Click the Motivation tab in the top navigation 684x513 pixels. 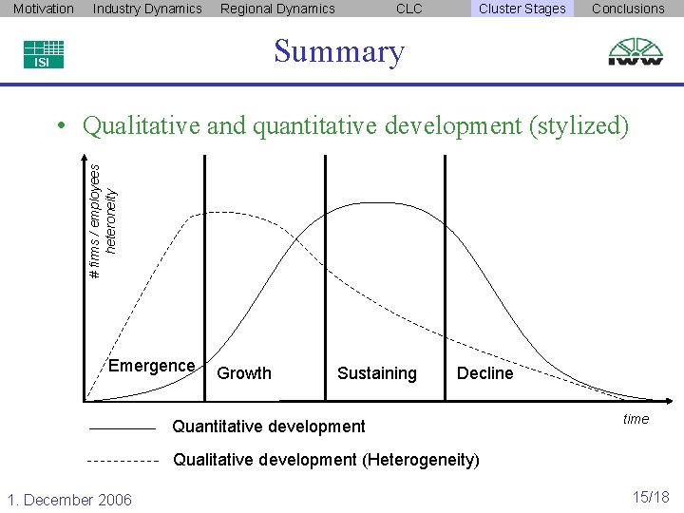tap(44, 9)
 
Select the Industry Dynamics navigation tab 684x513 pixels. tap(147, 9)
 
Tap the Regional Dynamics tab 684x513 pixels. tap(277, 9)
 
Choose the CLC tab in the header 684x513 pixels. tap(408, 9)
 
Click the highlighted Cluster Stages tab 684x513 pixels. tap(522, 9)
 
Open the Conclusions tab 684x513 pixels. tap(628, 9)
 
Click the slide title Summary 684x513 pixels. tap(339, 51)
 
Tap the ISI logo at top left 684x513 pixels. tap(43, 54)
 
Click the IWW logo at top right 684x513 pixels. tap(636, 51)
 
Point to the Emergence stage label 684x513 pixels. tap(152, 366)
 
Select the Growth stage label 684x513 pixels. tap(244, 373)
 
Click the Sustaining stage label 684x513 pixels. tap(376, 373)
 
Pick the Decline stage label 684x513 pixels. tap(484, 373)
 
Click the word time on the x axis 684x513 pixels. tap(636, 419)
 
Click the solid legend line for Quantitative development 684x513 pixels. tap(122, 429)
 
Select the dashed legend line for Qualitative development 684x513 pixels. tap(122, 461)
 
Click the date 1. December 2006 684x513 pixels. tap(69, 500)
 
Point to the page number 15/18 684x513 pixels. tap(651, 497)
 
